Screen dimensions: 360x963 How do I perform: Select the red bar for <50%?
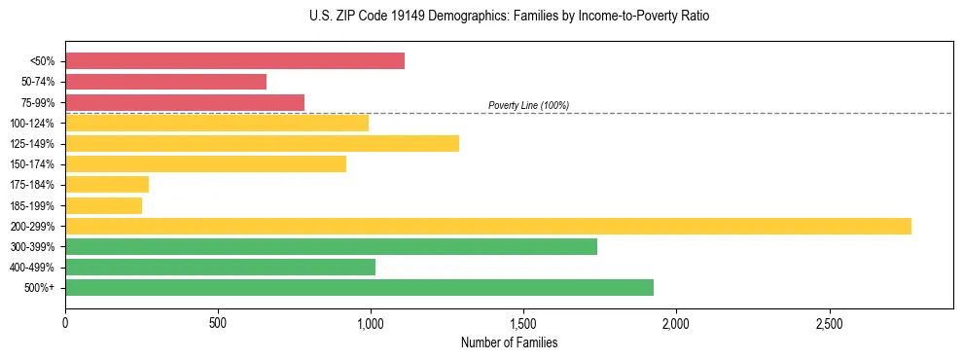coord(234,60)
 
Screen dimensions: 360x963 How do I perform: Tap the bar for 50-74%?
coord(165,82)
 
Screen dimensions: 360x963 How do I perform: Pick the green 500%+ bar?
coord(359,287)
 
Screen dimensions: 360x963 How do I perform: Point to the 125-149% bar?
coord(262,143)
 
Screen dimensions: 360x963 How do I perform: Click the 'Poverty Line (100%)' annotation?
coord(528,105)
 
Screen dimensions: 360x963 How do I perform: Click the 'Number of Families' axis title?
coord(509,342)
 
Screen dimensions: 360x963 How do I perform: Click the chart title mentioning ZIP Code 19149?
coord(509,17)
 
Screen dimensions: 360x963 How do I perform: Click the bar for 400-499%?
coord(220,267)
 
